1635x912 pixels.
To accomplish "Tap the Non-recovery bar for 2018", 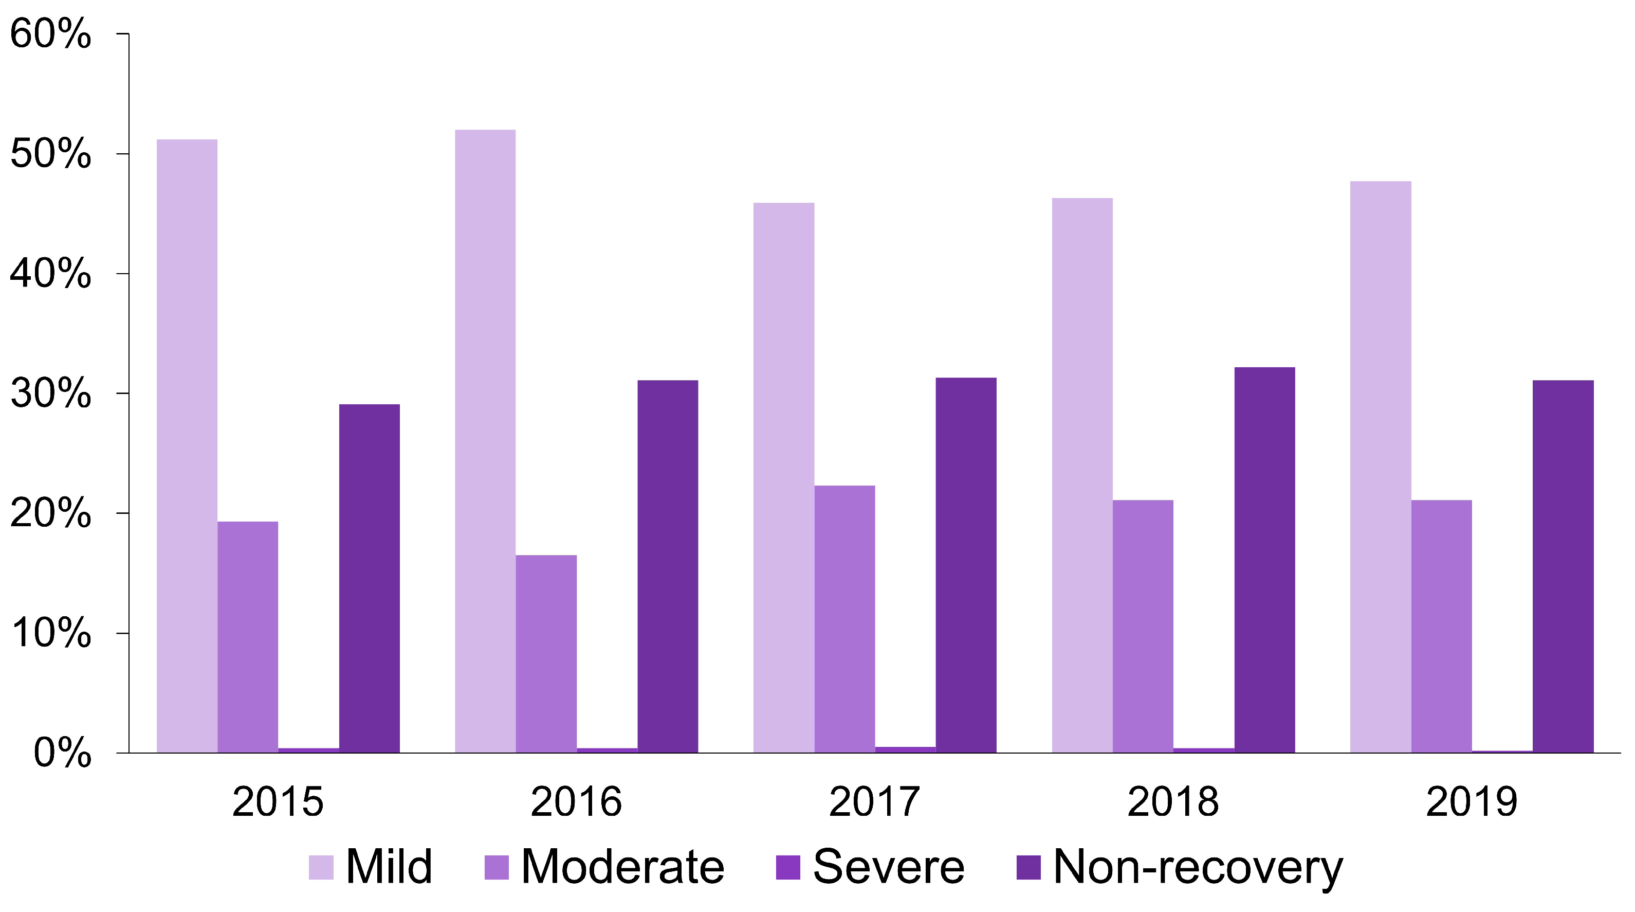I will click(x=1264, y=560).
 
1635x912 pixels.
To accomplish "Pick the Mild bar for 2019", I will click(x=1381, y=467).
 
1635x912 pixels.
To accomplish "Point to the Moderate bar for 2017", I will click(x=844, y=619).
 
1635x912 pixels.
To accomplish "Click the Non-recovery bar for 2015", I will click(x=369, y=578).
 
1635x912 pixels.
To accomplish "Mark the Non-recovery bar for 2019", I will click(x=1563, y=566).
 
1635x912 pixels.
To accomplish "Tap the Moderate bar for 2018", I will click(x=1143, y=626).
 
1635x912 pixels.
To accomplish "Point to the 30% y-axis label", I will click(x=51, y=394).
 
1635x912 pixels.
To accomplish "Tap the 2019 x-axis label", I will click(x=1471, y=801).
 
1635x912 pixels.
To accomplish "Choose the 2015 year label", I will click(x=278, y=801).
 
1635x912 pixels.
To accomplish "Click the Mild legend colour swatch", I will click(x=321, y=868).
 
